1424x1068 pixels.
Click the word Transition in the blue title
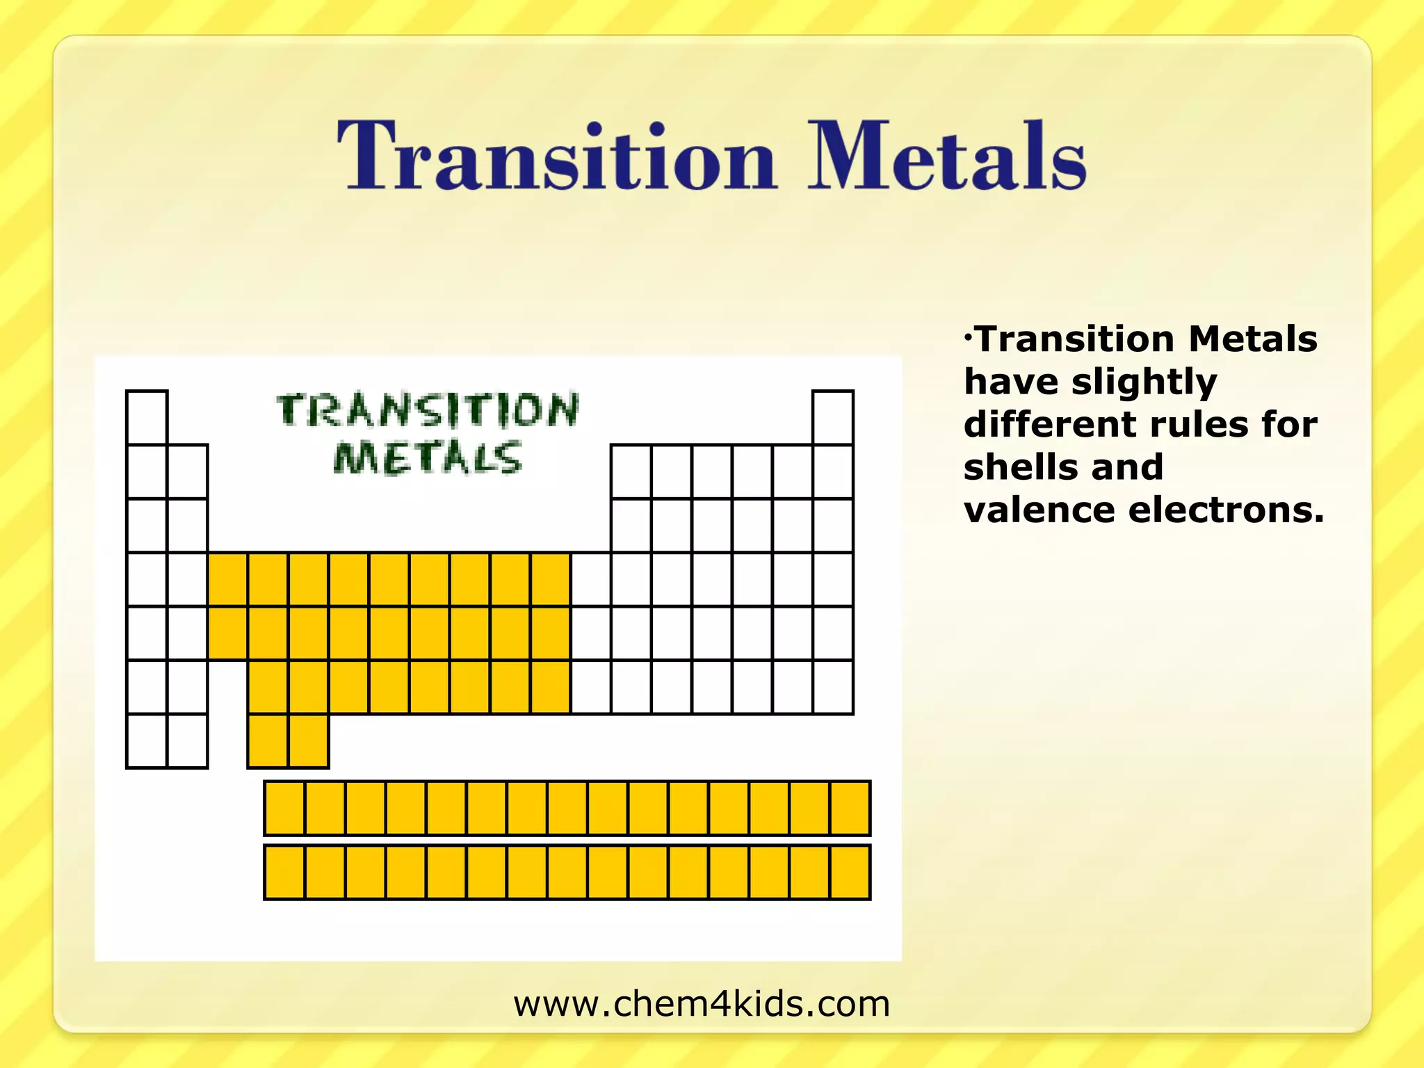(x=556, y=156)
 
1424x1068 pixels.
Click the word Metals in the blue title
(x=946, y=156)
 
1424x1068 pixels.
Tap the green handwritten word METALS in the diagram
(x=427, y=458)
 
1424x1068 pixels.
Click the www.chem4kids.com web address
(x=702, y=1004)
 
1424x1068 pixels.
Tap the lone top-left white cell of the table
(x=147, y=418)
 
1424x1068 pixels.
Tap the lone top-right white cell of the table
(x=833, y=418)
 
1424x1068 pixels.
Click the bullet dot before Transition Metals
(x=968, y=337)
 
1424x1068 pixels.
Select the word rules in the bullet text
(x=1199, y=425)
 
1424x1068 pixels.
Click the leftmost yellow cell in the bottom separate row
(x=284, y=873)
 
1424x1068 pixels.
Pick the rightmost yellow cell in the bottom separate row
(x=850, y=873)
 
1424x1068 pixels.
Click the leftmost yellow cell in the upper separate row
(x=284, y=808)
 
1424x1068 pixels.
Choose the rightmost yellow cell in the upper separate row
(x=850, y=808)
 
